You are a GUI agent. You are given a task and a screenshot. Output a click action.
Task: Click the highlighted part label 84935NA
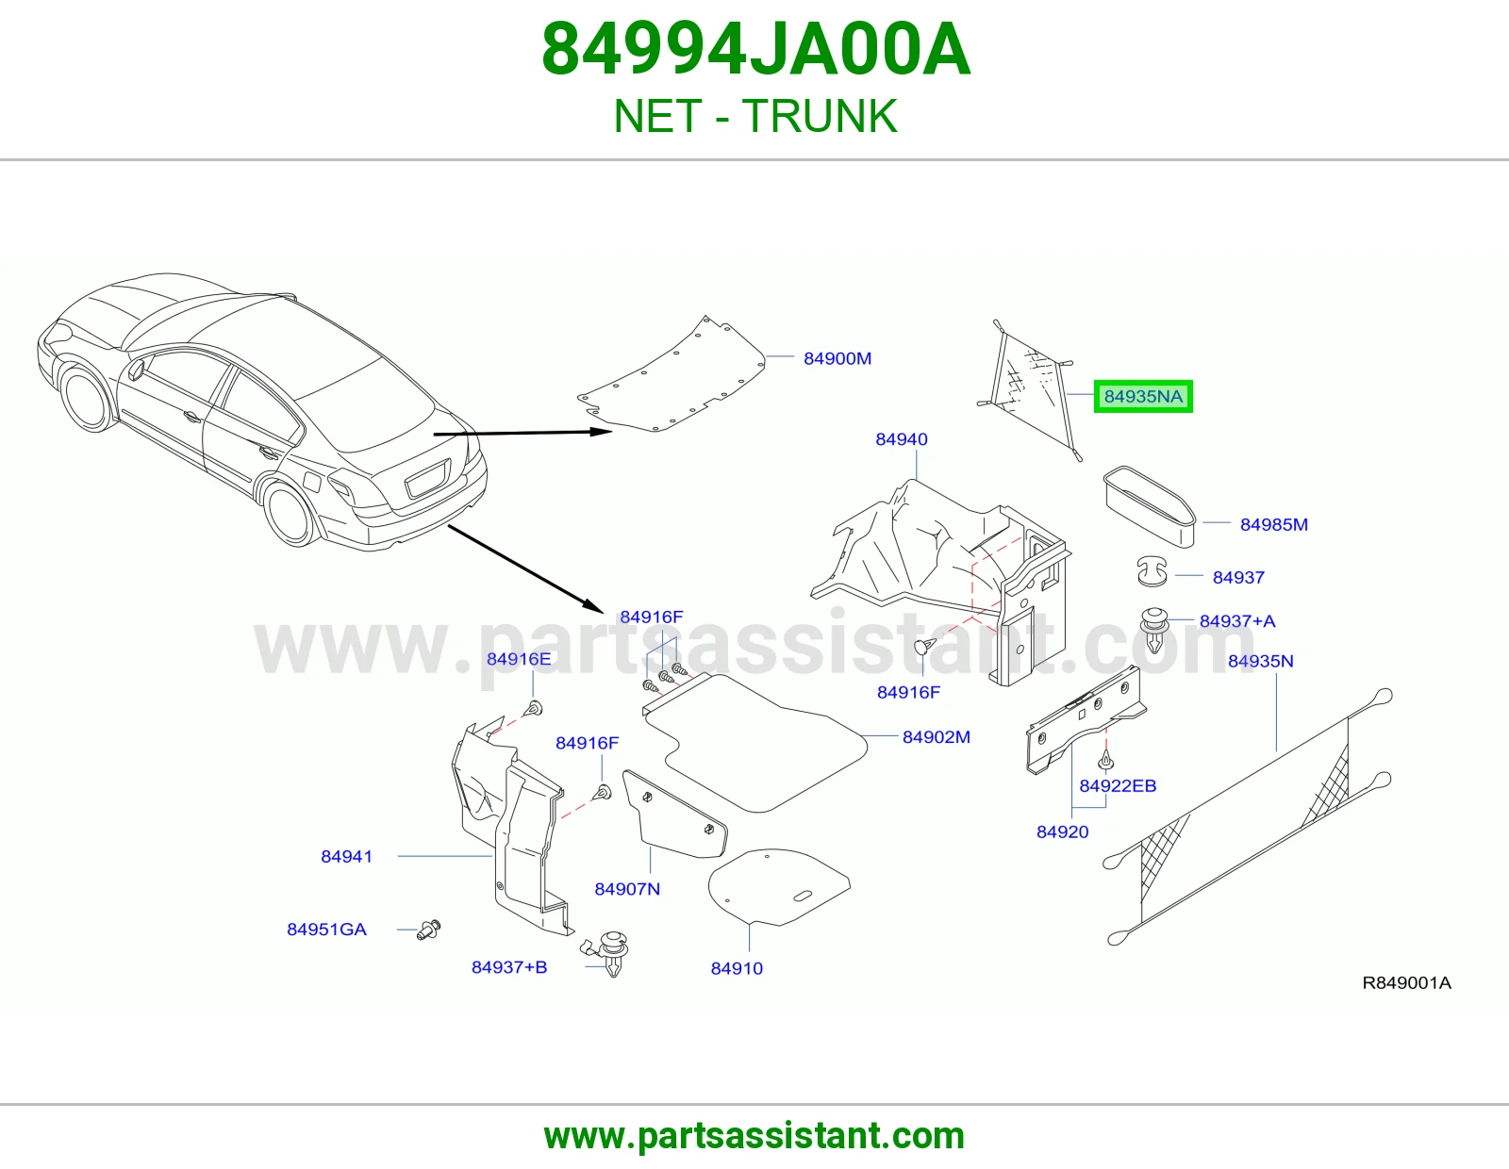tap(1143, 396)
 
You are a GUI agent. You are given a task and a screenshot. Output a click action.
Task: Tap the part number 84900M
tap(837, 358)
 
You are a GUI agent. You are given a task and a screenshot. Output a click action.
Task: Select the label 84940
tap(902, 438)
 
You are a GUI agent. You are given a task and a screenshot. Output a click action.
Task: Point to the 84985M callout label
tap(1273, 524)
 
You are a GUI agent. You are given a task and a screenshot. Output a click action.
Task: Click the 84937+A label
tap(1237, 620)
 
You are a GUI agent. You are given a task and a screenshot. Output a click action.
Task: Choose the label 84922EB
tap(1118, 786)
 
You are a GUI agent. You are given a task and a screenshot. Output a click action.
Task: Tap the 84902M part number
tap(937, 736)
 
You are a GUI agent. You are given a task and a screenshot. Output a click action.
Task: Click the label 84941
tap(346, 856)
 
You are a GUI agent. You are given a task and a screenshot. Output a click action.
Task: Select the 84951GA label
tap(326, 929)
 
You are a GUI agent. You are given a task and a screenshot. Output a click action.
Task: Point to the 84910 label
tap(737, 967)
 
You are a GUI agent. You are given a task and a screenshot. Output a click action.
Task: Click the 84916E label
tap(519, 659)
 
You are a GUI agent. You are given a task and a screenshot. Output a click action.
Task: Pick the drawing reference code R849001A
tap(1406, 982)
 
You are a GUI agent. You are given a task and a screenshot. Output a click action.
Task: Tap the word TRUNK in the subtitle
tap(820, 116)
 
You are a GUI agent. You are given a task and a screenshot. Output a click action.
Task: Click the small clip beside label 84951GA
tap(428, 930)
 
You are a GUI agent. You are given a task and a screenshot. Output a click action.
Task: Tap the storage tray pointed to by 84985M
tap(1150, 506)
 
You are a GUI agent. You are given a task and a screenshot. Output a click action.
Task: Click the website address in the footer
tap(754, 1136)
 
